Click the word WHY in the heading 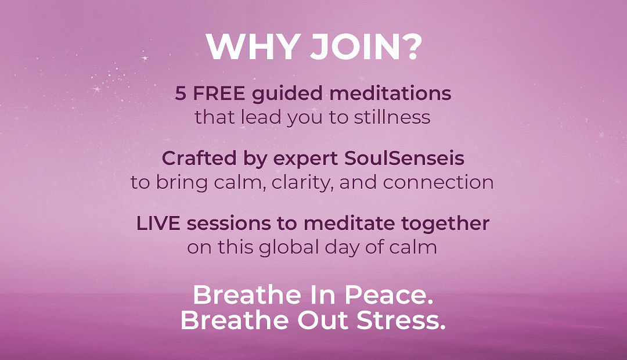pyautogui.click(x=253, y=46)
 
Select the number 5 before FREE pyautogui.click(x=181, y=93)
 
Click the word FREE pyautogui.click(x=219, y=93)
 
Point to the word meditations pyautogui.click(x=390, y=93)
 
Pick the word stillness pyautogui.click(x=392, y=117)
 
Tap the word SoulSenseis pyautogui.click(x=404, y=159)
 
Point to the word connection pyautogui.click(x=438, y=182)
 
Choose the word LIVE pyautogui.click(x=158, y=223)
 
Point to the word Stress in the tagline pyautogui.click(x=401, y=321)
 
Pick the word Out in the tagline pyautogui.click(x=323, y=321)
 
